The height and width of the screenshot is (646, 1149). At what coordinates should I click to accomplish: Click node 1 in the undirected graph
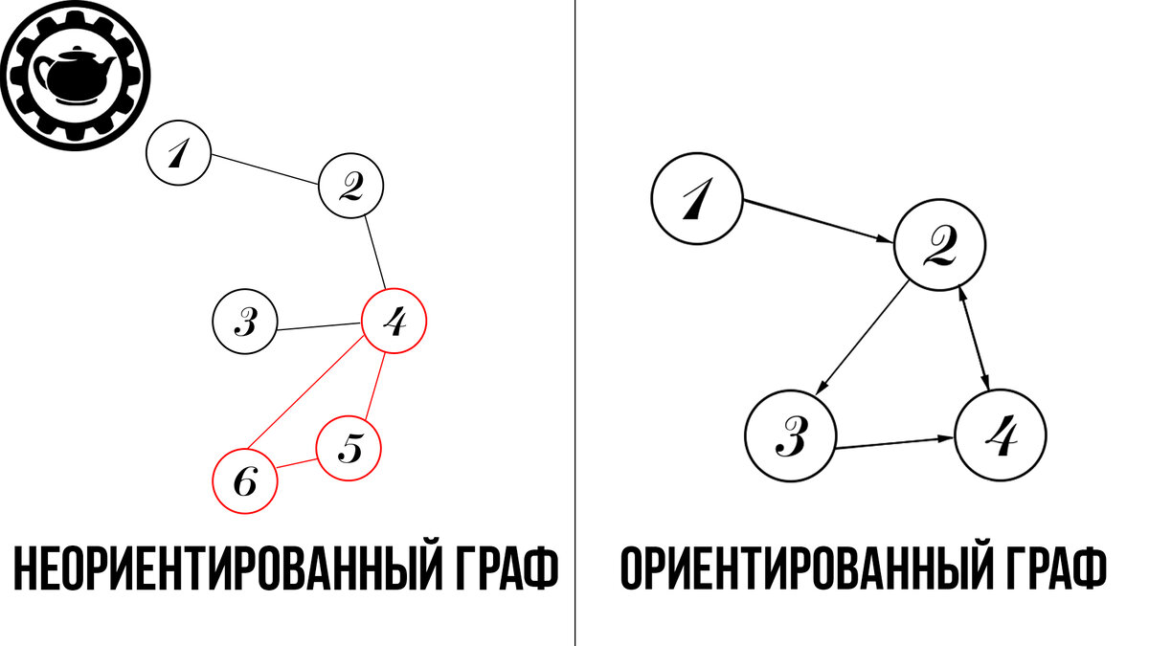pyautogui.click(x=178, y=153)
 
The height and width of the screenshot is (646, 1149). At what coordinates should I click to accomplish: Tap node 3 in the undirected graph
pyautogui.click(x=244, y=322)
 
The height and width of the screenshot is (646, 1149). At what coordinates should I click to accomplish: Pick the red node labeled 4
pyautogui.click(x=393, y=321)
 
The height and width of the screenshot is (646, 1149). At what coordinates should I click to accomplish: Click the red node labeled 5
pyautogui.click(x=349, y=447)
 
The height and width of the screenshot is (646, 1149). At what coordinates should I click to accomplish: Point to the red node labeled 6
pyautogui.click(x=245, y=481)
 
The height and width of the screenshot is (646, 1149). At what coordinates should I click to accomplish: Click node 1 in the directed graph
pyautogui.click(x=697, y=200)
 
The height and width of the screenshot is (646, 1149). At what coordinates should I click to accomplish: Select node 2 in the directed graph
pyautogui.click(x=939, y=246)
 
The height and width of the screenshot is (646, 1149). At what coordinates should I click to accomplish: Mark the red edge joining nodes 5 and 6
pyautogui.click(x=297, y=464)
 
